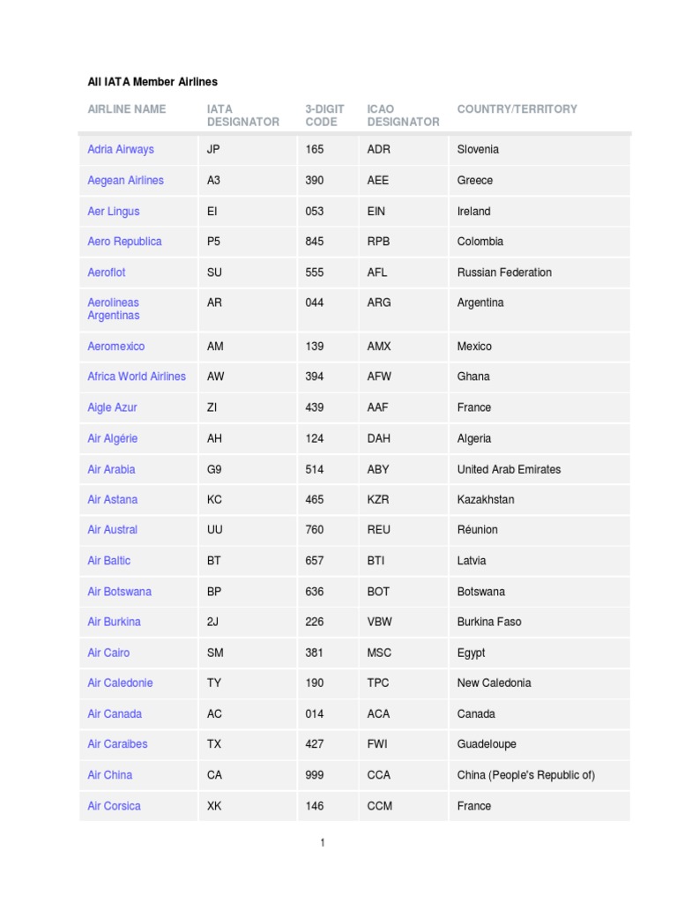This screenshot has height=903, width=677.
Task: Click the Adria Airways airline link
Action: tap(120, 149)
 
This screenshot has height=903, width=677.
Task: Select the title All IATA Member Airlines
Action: tap(153, 82)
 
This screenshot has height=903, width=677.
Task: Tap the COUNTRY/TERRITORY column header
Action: tap(517, 109)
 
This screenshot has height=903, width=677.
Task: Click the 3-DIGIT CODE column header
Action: tap(324, 116)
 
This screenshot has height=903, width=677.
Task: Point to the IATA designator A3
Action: tap(214, 180)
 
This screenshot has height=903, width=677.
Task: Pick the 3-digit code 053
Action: tap(315, 211)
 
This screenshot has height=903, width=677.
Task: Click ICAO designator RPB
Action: tap(379, 241)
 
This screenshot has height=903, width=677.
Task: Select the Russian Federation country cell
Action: tap(504, 272)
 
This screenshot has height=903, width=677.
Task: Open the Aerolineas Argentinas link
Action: tap(114, 309)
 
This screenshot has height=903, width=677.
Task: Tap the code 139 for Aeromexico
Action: tap(315, 347)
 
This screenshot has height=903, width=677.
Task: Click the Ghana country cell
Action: tap(473, 377)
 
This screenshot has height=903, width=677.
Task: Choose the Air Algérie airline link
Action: tap(113, 438)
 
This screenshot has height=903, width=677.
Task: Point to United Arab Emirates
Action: tap(509, 469)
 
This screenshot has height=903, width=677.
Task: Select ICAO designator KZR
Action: tap(378, 499)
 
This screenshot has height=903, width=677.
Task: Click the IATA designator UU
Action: tap(215, 529)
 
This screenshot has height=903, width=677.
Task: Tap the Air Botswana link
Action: tap(119, 592)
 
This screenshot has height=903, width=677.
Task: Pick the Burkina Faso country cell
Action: tap(489, 622)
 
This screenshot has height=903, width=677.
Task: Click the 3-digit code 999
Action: tap(315, 775)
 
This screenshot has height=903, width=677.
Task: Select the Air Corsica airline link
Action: tap(114, 806)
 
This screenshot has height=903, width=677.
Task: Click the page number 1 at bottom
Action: tap(323, 843)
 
